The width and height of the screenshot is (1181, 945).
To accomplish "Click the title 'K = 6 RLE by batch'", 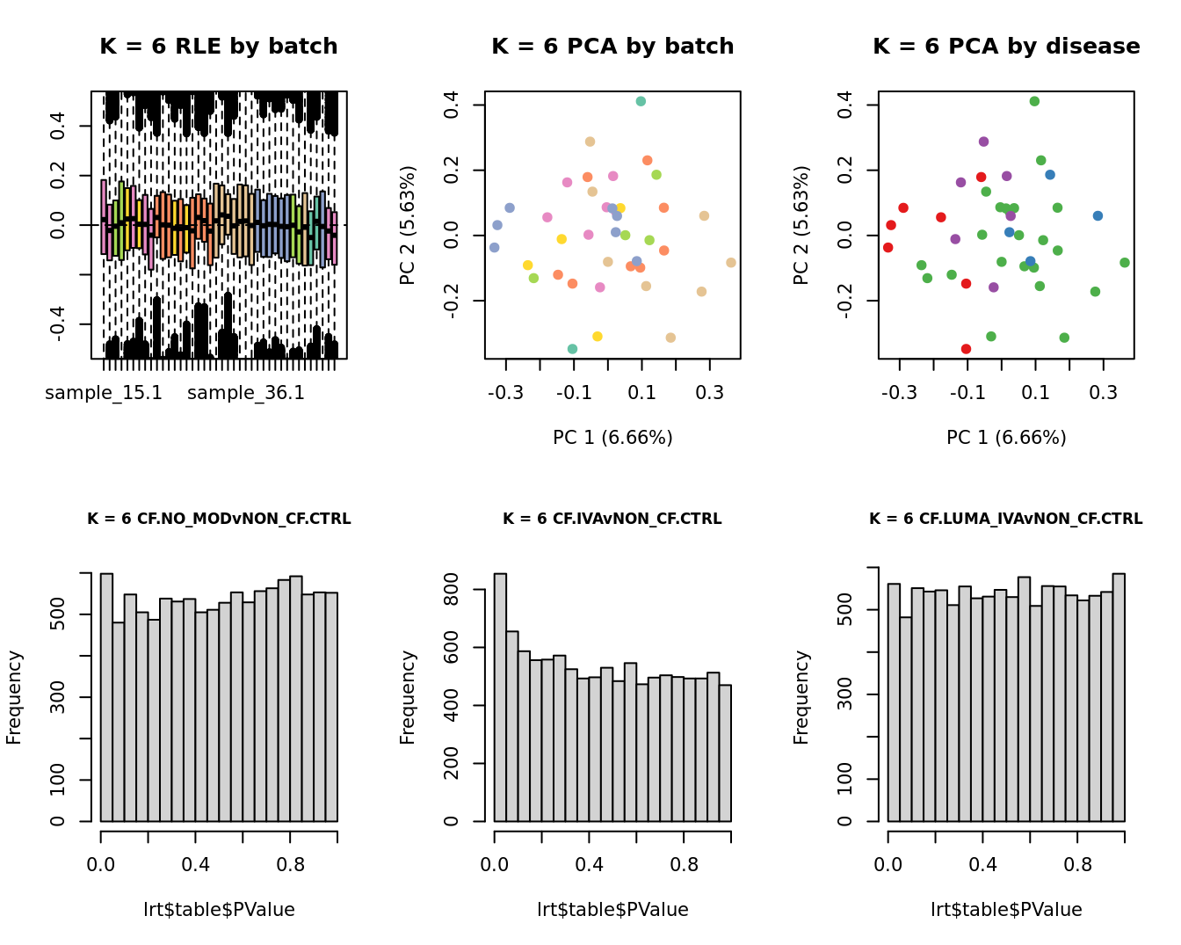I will [x=219, y=47].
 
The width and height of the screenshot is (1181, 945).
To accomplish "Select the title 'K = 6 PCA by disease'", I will [x=1006, y=47].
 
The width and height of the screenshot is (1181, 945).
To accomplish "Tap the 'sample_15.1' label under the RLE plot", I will [x=104, y=393].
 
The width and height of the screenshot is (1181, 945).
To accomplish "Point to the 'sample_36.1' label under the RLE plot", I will [x=246, y=393].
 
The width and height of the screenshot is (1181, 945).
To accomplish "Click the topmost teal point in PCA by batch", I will [x=641, y=101].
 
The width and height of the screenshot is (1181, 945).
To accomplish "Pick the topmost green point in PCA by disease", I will [x=1034, y=101].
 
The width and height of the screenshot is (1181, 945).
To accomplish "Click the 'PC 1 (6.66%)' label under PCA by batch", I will [x=612, y=438].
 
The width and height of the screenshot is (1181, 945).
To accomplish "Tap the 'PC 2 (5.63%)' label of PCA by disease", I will [x=801, y=225].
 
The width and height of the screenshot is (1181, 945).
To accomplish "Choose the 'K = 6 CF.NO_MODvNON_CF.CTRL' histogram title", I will [x=219, y=520].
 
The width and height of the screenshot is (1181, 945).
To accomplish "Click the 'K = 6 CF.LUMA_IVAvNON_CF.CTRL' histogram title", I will [x=1006, y=520].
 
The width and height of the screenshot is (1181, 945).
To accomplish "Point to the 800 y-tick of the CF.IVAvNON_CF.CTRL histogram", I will [x=475, y=590].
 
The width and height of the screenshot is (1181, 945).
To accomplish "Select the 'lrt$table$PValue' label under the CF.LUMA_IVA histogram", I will [x=1006, y=910].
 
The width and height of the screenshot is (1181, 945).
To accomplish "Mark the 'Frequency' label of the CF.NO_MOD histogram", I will [x=14, y=697].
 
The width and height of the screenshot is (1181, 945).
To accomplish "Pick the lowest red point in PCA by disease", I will [x=966, y=349].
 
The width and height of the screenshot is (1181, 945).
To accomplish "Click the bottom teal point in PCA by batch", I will [x=572, y=349].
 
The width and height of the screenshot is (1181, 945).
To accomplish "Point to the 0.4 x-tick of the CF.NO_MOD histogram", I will [x=195, y=865].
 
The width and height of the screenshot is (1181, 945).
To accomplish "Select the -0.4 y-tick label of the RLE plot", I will [x=58, y=324].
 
